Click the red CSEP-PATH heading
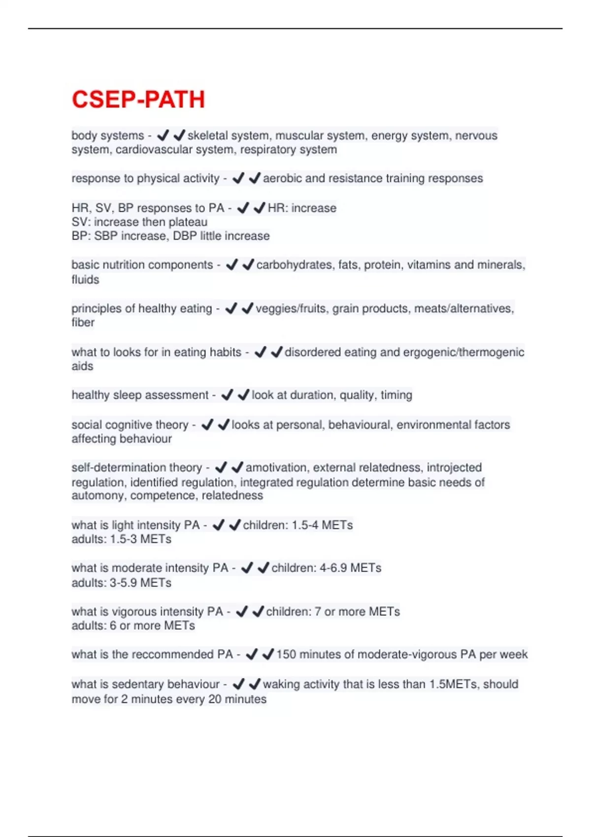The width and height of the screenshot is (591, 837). click(138, 99)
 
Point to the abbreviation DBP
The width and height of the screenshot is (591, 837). click(185, 236)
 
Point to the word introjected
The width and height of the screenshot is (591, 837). click(454, 468)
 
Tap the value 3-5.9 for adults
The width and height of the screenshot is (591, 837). click(123, 583)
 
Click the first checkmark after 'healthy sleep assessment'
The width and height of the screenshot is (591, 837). click(227, 395)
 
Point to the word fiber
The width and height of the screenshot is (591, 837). click(83, 323)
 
